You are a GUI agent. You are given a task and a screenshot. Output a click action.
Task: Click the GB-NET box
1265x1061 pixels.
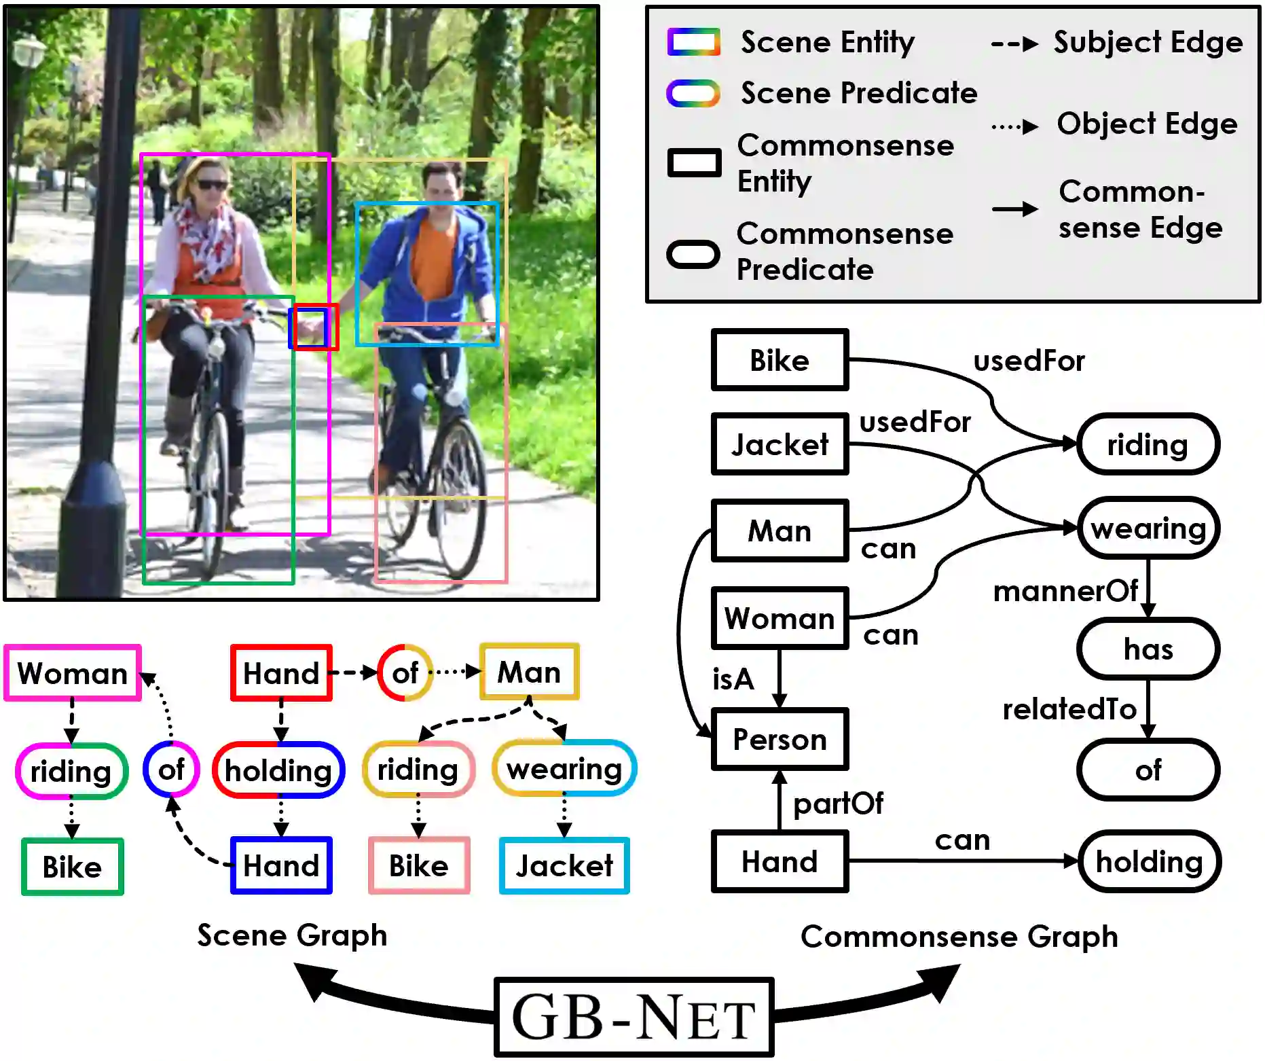[633, 1017]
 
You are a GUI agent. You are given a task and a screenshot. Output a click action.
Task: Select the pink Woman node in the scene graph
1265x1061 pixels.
[72, 673]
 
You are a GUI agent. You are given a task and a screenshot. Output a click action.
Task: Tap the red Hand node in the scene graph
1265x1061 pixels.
[281, 673]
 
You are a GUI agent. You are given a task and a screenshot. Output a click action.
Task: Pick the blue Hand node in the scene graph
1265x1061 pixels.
[281, 865]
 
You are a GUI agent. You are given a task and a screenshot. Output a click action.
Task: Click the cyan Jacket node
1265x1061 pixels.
[564, 865]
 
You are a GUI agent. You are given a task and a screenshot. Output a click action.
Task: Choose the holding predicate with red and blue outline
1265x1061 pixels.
[278, 770]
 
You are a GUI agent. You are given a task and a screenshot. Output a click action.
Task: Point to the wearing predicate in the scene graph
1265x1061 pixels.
[564, 769]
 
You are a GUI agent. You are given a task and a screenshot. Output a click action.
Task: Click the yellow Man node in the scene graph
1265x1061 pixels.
[529, 672]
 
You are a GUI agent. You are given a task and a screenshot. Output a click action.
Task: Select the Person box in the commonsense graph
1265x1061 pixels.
[780, 739]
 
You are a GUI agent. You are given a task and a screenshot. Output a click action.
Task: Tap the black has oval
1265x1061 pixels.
[1148, 649]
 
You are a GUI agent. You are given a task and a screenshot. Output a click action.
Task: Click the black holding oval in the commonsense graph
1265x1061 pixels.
[1149, 861]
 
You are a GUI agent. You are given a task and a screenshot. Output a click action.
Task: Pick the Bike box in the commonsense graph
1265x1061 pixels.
[780, 360]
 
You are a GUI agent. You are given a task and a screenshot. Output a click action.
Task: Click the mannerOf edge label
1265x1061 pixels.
[1065, 591]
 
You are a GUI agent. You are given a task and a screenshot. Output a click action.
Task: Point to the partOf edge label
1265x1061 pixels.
[838, 803]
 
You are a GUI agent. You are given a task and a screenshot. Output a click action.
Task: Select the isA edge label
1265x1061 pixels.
[733, 679]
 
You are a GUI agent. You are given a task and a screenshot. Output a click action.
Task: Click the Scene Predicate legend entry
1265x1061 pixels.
[858, 93]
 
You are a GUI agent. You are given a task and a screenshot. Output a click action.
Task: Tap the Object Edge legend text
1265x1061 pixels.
[1147, 124]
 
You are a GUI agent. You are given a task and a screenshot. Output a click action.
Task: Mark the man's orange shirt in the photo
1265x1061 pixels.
[433, 260]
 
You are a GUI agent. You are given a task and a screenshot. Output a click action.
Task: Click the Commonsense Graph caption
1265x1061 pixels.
[959, 936]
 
